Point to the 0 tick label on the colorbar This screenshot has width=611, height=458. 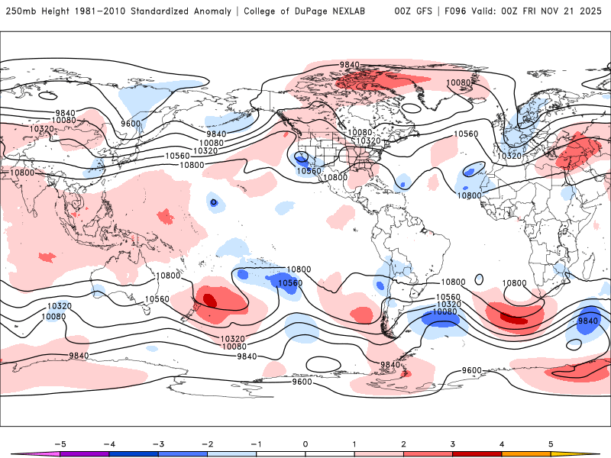tap(305, 443)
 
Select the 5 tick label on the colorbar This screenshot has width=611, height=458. tap(550, 443)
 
